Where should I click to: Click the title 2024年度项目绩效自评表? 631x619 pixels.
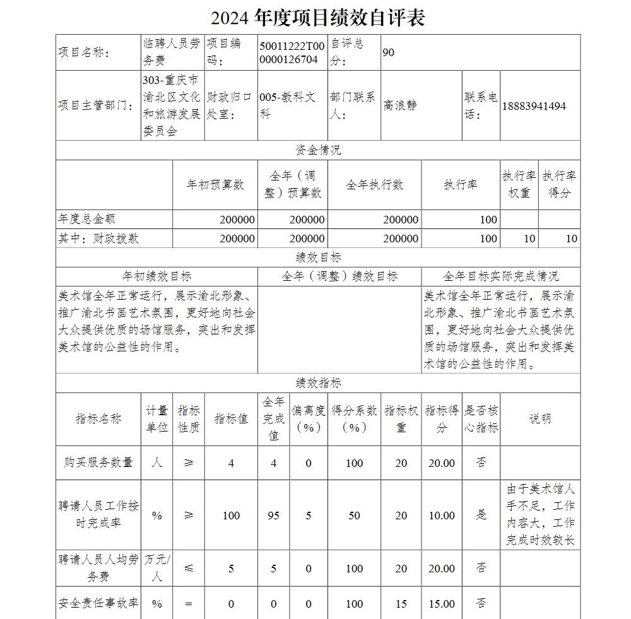[x=317, y=18]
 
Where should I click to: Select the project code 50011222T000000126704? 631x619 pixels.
[x=292, y=52]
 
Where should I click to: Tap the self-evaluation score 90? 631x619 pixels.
[x=389, y=52]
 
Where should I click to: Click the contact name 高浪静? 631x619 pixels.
[x=400, y=105]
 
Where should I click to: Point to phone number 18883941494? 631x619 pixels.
[x=534, y=105]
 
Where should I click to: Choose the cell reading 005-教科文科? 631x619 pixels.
[x=287, y=105]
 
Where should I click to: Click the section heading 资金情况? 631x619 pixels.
[x=318, y=150]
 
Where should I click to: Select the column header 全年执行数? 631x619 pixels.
[x=374, y=185]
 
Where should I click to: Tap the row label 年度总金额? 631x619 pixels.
[x=87, y=219]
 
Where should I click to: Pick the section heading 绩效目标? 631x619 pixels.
[x=318, y=257]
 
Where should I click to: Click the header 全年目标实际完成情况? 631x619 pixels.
[x=500, y=276]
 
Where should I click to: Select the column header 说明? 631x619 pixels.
[x=540, y=419]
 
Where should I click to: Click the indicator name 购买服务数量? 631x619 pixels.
[x=98, y=463]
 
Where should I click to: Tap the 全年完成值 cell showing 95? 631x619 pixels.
[x=273, y=516]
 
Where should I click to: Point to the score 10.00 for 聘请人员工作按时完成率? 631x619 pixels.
[x=442, y=516]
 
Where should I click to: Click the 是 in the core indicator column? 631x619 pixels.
[x=481, y=515]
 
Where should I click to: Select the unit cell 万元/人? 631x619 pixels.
[x=157, y=568]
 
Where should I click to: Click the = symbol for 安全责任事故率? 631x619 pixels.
[x=189, y=604]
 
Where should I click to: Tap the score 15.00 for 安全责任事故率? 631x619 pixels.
[x=442, y=604]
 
